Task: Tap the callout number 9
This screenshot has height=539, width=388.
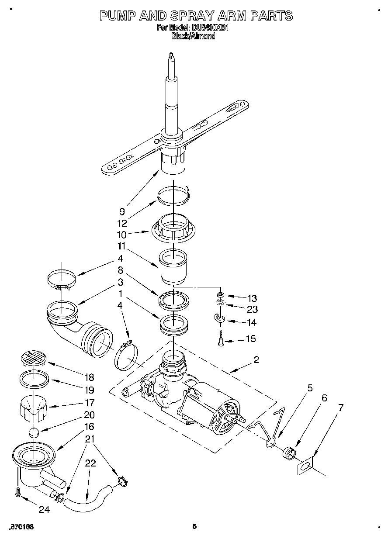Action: [122, 212]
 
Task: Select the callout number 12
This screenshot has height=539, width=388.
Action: [122, 223]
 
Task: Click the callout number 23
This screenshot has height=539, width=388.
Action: [252, 310]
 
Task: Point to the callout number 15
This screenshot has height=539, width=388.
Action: [251, 339]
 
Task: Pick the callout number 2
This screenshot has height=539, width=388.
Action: [256, 360]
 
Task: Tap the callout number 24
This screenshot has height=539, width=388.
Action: [45, 509]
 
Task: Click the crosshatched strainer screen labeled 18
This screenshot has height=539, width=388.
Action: [33, 359]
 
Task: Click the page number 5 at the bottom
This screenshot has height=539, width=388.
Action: [194, 526]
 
